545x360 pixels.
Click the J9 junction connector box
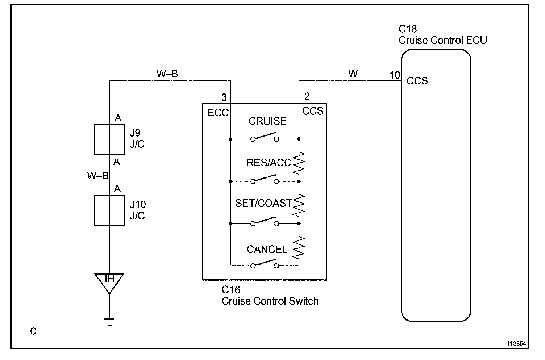(95, 139)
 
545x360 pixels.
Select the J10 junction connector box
(95, 211)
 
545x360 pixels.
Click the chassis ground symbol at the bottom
(109, 322)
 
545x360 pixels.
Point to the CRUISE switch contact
(265, 137)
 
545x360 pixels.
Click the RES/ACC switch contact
(265, 179)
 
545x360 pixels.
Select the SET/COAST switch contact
(265, 222)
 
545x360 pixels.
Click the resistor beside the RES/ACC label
(299, 163)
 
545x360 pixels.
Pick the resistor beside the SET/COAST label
(299, 205)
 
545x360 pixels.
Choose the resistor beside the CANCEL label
(299, 247)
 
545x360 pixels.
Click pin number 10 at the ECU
(395, 75)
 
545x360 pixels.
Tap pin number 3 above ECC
(224, 97)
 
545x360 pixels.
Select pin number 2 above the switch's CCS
(307, 96)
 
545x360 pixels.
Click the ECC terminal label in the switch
(218, 113)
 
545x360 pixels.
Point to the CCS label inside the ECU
(417, 81)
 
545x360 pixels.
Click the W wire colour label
(353, 74)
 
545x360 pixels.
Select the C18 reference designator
(408, 29)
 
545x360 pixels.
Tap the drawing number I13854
(517, 343)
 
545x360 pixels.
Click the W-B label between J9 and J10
(97, 176)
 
